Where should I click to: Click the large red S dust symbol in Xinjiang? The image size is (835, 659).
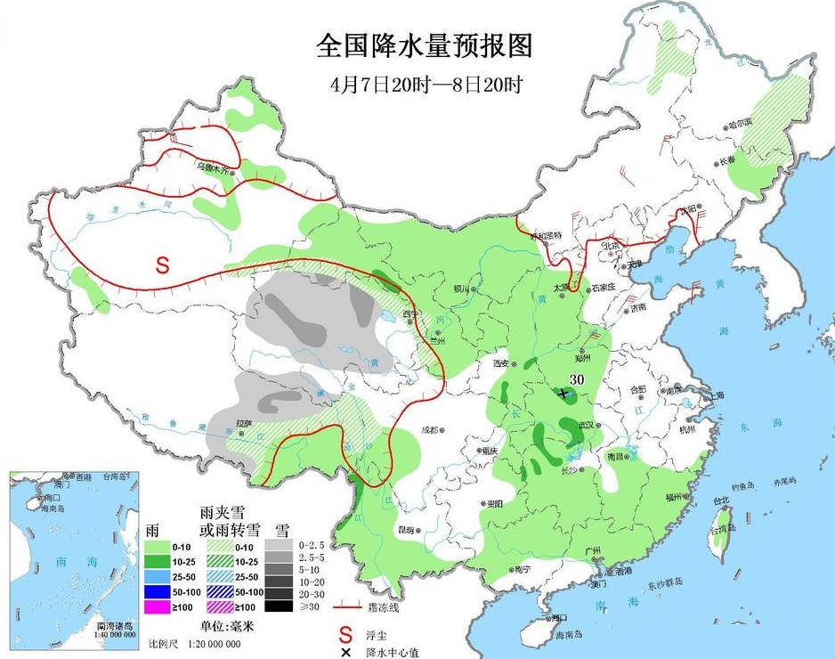162,264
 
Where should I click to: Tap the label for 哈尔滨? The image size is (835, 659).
715,123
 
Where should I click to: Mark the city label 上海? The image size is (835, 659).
715,395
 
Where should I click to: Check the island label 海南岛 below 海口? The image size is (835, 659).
567,634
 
